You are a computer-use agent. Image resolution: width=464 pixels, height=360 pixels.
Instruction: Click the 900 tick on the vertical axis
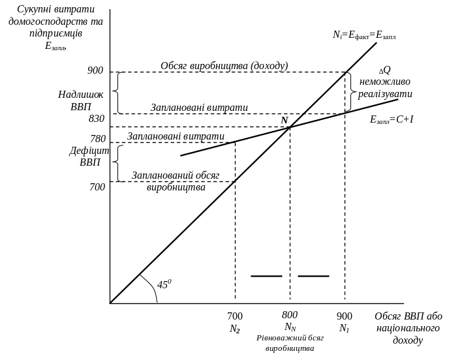[96, 70]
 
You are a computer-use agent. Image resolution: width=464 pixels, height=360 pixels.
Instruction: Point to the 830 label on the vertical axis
[96, 119]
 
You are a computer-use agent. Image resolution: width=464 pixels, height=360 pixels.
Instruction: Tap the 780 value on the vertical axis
[97, 138]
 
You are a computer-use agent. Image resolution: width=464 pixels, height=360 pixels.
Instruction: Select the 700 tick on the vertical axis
[97, 187]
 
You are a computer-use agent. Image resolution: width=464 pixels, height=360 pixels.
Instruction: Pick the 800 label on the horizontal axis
[290, 316]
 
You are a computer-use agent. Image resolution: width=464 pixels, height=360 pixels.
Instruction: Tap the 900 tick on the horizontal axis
[344, 316]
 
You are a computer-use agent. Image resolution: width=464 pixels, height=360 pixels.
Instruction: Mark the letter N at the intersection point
[284, 120]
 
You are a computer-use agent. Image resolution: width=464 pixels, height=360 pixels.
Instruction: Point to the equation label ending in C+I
[393, 120]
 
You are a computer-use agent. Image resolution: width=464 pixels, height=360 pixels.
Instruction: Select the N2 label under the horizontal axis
[235, 330]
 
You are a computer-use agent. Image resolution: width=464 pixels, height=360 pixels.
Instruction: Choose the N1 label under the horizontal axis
[344, 329]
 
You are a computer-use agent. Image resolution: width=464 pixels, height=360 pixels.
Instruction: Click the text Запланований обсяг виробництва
[174, 181]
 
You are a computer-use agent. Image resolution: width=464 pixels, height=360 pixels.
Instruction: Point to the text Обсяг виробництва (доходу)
[224, 66]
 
